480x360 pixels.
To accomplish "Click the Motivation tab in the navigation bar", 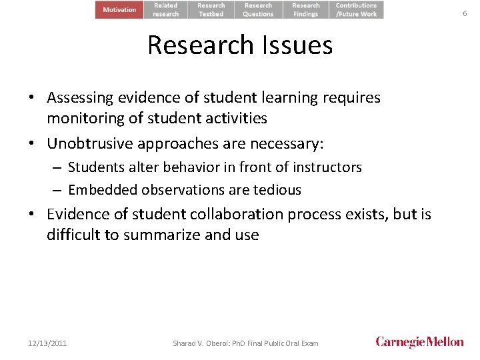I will [x=119, y=9].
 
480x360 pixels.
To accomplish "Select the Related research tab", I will [x=166, y=9].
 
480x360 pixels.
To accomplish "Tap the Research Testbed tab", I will [x=211, y=9].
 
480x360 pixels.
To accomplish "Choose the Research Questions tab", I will [x=258, y=9].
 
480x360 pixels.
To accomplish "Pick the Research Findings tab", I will [x=306, y=9].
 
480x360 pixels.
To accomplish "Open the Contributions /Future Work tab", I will [x=356, y=9].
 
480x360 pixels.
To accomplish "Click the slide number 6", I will [x=465, y=13].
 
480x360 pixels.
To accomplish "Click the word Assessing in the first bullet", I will [x=79, y=98].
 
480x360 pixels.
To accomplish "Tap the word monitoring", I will [x=83, y=119].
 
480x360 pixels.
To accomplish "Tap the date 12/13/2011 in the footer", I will [x=47, y=343].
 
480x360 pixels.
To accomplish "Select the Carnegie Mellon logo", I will [x=420, y=342].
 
